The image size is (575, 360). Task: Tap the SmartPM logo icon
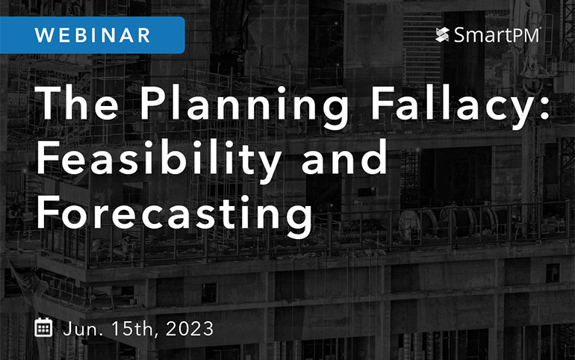[x=442, y=35]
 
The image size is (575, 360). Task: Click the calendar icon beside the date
[x=44, y=327]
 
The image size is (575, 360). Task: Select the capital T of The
[x=50, y=103]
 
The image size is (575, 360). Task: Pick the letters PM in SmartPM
[x=525, y=35]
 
